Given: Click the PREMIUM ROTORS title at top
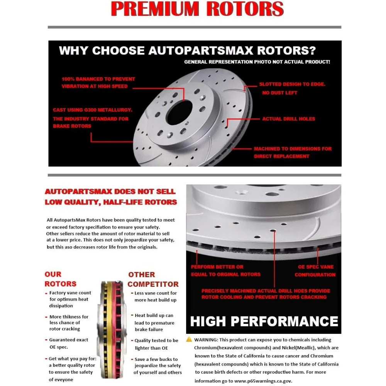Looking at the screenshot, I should point(197,9).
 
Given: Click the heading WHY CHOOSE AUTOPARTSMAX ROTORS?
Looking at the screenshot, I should point(187,51).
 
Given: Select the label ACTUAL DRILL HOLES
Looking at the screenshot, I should point(288,119).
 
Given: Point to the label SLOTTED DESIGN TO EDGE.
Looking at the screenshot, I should point(292,84).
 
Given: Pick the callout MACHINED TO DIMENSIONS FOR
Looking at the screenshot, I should point(293,149).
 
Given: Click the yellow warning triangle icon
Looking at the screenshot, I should point(189,339).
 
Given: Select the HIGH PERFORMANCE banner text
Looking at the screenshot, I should point(264,321).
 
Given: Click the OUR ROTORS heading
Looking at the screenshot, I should point(60,279).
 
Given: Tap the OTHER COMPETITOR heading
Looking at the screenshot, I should point(153,279).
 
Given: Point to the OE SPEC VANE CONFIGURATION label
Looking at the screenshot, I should point(315,271).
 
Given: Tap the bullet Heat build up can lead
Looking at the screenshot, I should point(154,322).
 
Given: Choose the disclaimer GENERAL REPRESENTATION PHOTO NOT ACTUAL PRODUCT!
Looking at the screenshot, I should point(257,62).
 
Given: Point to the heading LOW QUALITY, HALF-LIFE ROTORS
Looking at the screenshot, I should point(111,202).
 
